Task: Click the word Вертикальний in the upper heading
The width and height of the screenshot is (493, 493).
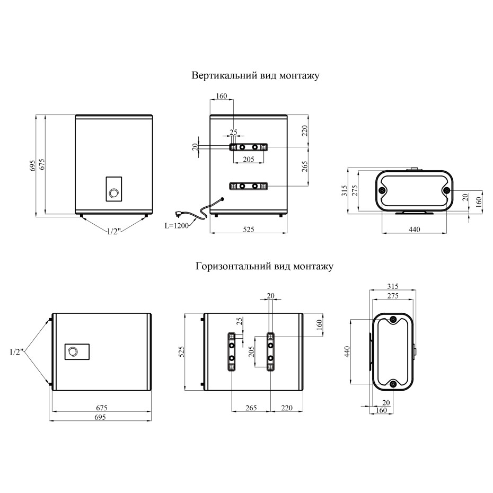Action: pyautogui.click(x=224, y=76)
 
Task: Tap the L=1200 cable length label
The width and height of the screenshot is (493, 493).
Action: pyautogui.click(x=177, y=225)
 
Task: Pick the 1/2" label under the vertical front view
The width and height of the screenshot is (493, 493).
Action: pyautogui.click(x=114, y=232)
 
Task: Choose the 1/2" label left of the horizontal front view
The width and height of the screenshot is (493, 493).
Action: pyautogui.click(x=16, y=352)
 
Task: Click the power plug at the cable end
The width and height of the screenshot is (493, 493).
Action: pyautogui.click(x=180, y=215)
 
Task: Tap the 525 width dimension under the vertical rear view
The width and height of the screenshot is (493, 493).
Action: pyautogui.click(x=249, y=230)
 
